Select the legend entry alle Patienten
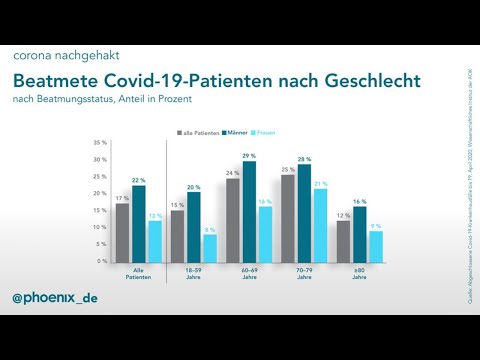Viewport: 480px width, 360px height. tap(199, 132)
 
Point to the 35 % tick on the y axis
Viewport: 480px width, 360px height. tap(100, 142)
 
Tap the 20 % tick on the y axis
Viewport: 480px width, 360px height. tap(100, 193)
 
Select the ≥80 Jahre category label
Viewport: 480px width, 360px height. tap(359, 273)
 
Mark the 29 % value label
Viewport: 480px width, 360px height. tap(248, 156)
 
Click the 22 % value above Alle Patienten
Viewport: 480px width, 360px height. tap(138, 180)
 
